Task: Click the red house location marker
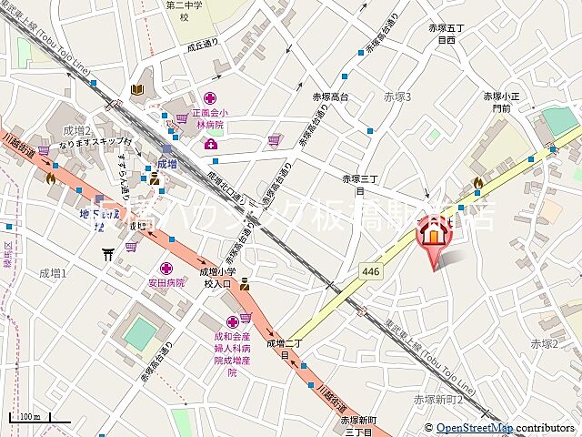pos(433,236)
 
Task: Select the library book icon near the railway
pos(136,89)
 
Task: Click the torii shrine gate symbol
pos(108,255)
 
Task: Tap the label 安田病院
pos(166,282)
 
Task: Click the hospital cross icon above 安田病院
pos(166,268)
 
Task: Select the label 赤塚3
pos(397,97)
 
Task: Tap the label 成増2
pos(76,129)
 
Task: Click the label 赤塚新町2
pos(438,399)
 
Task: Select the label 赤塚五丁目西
pos(446,35)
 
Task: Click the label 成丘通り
pos(205,45)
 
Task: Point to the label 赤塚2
pos(544,343)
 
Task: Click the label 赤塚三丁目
pos(359,185)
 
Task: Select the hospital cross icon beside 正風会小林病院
pos(210,98)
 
